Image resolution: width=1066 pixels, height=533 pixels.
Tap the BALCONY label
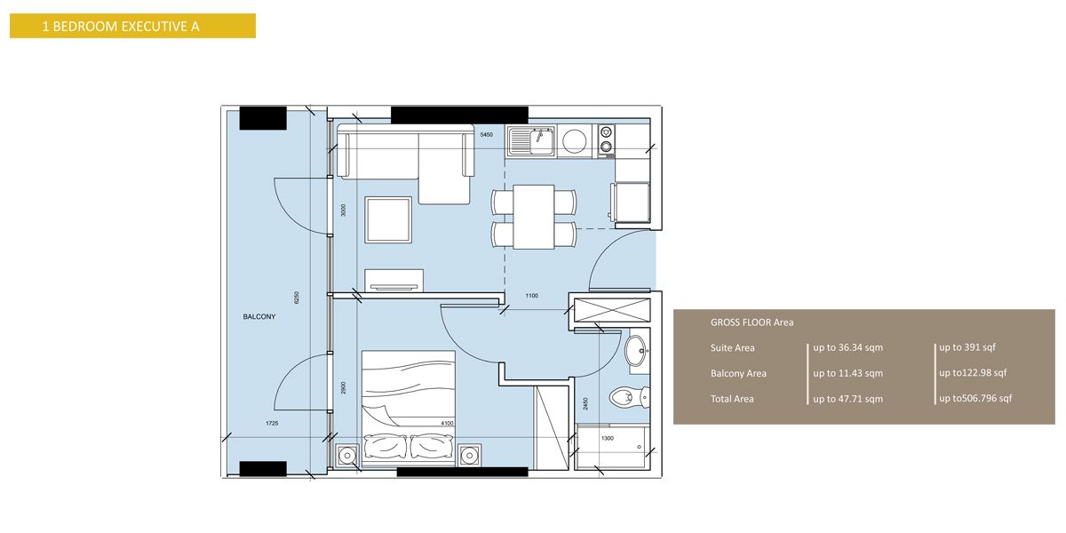pyautogui.click(x=259, y=316)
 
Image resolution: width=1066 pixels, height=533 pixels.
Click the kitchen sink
pyautogui.click(x=531, y=141)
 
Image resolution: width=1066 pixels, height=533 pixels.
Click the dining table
pyautogui.click(x=534, y=217)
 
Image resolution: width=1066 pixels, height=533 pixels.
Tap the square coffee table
pyautogui.click(x=388, y=220)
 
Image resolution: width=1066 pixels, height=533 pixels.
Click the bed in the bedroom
pyautogui.click(x=409, y=404)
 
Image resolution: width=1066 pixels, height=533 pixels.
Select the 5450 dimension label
pyautogui.click(x=486, y=135)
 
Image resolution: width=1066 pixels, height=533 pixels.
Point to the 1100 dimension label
pyautogui.click(x=531, y=296)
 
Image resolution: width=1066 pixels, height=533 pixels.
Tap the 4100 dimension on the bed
pyautogui.click(x=446, y=424)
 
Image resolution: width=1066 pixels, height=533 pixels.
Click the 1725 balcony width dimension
pyautogui.click(x=271, y=424)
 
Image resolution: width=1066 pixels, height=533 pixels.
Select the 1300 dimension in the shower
pyautogui.click(x=607, y=437)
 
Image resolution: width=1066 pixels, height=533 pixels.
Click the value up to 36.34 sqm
pyautogui.click(x=847, y=347)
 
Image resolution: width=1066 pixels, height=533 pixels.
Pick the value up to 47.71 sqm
pyautogui.click(x=847, y=399)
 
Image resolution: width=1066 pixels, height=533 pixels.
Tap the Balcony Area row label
pyautogui.click(x=738, y=373)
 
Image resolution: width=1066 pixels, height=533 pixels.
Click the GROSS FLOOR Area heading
pyautogui.click(x=752, y=322)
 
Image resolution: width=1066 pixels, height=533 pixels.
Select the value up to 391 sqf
pyautogui.click(x=968, y=347)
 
